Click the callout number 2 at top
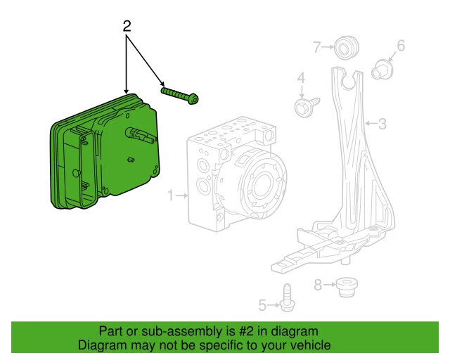point(127,27)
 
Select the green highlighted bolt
point(180,95)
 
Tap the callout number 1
point(170,195)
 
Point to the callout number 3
point(382,124)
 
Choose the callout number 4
point(301,77)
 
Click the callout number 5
point(262,305)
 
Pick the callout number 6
point(401,46)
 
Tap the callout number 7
point(317,47)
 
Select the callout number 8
point(318,285)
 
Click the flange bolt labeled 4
point(304,106)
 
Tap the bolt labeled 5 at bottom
point(287,298)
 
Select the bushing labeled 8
point(345,287)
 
